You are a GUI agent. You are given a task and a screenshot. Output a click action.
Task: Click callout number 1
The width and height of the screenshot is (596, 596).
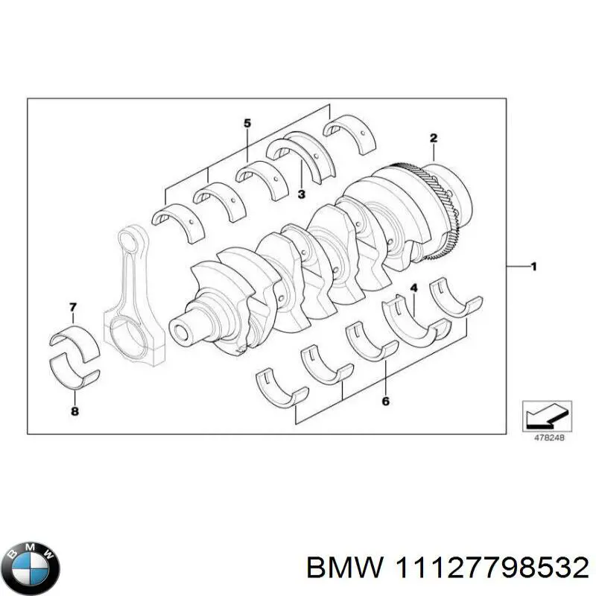tap(533, 267)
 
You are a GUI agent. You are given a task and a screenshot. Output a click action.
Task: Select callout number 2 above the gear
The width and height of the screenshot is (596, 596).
tap(433, 138)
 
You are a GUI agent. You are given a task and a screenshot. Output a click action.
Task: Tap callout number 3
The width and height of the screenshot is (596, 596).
tap(301, 195)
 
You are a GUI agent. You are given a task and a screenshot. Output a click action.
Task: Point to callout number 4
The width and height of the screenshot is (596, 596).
tap(414, 288)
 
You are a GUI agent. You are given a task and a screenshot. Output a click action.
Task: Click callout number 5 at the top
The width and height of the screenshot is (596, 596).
tap(247, 124)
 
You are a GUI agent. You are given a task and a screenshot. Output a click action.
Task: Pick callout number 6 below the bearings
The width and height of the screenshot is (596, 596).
tap(385, 402)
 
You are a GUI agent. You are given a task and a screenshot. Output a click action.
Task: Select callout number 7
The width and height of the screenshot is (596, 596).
tap(72, 307)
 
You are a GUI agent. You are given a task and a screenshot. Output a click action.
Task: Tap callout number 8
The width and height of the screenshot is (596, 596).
tap(74, 410)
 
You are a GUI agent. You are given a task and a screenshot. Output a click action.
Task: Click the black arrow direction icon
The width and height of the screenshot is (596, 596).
tap(546, 415)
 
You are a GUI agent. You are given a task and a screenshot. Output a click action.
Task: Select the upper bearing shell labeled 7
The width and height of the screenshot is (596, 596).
tap(73, 336)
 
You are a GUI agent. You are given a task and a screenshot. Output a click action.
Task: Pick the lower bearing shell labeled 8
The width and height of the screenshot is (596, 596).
tap(74, 370)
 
